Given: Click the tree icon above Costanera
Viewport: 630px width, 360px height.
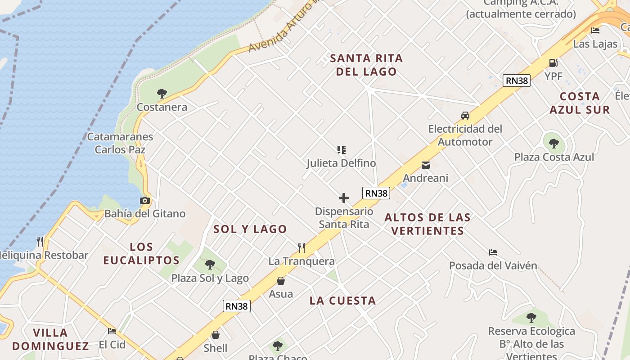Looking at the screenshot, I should (162, 94).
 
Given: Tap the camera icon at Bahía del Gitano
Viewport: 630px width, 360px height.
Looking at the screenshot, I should (145, 200).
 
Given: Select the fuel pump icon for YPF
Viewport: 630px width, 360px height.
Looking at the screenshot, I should (553, 63).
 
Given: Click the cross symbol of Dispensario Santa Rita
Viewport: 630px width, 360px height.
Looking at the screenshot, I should (344, 198).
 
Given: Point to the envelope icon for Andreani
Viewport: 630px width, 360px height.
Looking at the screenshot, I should (425, 165).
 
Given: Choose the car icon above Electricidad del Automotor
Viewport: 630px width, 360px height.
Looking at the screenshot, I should (465, 116).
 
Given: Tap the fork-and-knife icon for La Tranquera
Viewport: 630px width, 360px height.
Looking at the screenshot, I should (301, 247).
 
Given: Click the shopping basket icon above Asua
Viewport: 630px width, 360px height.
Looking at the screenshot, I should (281, 281).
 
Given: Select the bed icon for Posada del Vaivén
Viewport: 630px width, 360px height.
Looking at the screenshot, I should (493, 252).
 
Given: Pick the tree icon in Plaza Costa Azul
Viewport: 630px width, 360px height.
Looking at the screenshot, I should (554, 144).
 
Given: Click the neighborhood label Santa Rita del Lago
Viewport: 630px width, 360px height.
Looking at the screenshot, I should (366, 65).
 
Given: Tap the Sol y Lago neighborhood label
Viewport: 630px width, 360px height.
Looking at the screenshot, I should (250, 229).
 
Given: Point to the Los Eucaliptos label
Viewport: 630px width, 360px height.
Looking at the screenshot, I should (141, 253).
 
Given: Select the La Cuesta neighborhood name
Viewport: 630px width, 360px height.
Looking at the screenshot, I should (342, 301).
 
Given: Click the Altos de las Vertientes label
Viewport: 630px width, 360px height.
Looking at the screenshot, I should (427, 224).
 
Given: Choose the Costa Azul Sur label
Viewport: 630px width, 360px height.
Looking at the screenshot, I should (580, 103).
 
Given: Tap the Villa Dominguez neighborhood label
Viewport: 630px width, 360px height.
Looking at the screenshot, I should (50, 339).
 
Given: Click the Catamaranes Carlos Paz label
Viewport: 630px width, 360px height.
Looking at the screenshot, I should (120, 143).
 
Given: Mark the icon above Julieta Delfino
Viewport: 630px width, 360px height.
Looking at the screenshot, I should (342, 149).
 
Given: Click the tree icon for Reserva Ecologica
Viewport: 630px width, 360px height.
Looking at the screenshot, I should (531, 318).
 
